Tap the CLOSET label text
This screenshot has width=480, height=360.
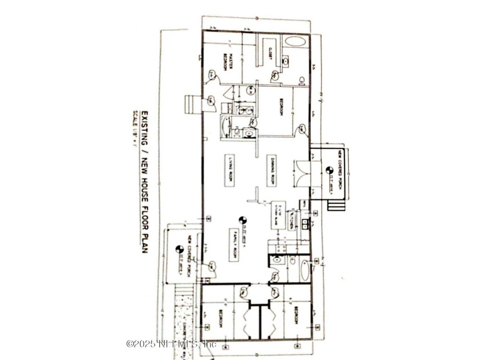pos(269,53)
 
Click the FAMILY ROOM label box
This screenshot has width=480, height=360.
pos(234,246)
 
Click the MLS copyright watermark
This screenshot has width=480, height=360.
pos(171,344)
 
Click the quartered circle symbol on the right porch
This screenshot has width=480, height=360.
pos(329,170)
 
